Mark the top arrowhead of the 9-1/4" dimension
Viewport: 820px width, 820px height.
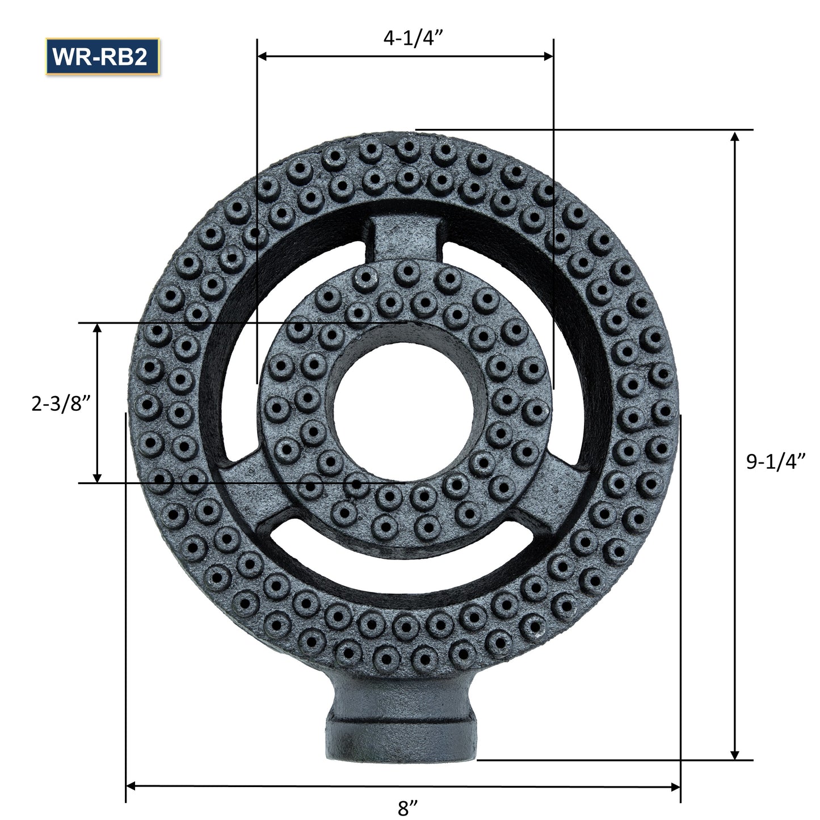pos(735,137)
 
